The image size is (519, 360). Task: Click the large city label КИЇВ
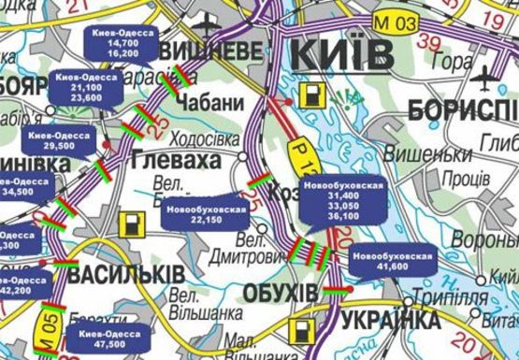(x=343, y=53)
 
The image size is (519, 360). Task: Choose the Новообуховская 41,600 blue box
(x=393, y=260)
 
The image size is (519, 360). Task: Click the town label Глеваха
(x=175, y=161)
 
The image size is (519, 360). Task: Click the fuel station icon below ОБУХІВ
(x=301, y=331)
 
